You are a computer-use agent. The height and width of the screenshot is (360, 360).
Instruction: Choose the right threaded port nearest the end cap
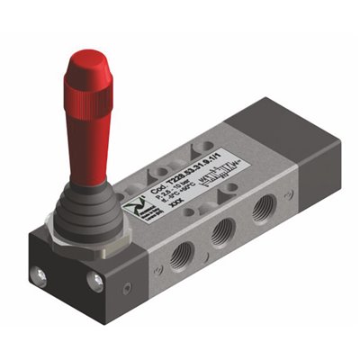coord(262,211)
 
